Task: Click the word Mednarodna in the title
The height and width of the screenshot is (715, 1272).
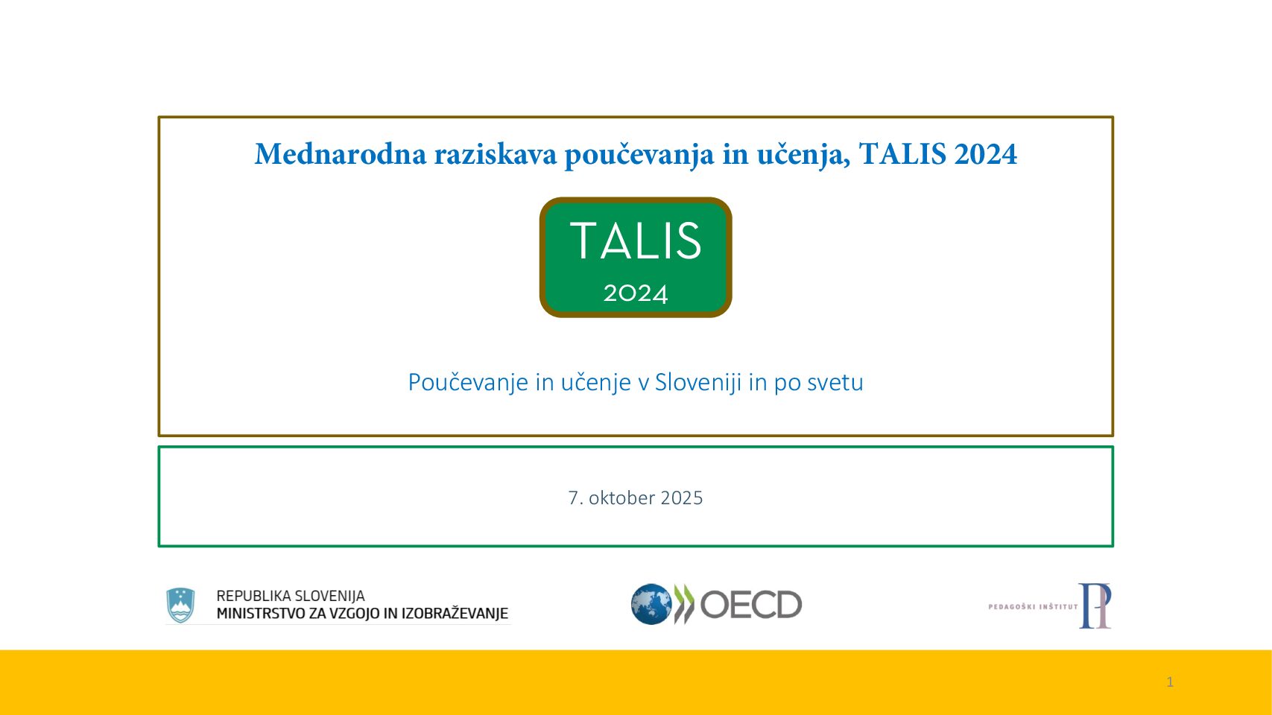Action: point(340,153)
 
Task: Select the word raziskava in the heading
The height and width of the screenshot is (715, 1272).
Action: point(496,153)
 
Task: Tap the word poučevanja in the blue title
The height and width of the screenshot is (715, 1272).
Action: point(639,155)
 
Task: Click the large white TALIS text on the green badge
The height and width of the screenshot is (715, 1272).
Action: point(636,241)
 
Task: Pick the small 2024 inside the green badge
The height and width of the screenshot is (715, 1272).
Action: point(636,293)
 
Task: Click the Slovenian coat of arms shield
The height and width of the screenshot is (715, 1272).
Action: point(180,605)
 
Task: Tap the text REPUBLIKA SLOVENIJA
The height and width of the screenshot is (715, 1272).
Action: point(291,596)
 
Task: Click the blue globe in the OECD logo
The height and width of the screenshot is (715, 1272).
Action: point(651,604)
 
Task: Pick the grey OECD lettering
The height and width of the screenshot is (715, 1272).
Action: point(750,604)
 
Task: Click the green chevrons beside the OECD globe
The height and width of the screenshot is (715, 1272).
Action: point(684,604)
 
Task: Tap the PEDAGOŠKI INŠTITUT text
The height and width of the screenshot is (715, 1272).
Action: point(1033,606)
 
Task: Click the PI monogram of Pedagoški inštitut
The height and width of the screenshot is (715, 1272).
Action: point(1095,606)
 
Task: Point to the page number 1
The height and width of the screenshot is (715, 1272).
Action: point(1170,681)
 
